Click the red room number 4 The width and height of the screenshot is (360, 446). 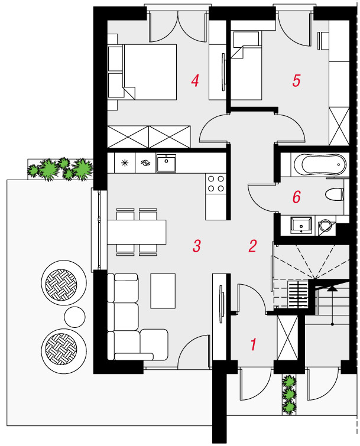pyautogui.click(x=195, y=80)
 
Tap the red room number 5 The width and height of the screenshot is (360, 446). pyautogui.click(x=296, y=80)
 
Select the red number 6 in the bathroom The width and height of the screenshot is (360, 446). pyautogui.click(x=297, y=197)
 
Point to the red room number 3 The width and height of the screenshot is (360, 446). pyautogui.click(x=197, y=246)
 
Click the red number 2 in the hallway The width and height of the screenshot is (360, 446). pyautogui.click(x=253, y=246)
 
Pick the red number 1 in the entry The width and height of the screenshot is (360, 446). pyautogui.click(x=253, y=344)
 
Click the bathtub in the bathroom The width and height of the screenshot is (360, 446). pyautogui.click(x=320, y=164)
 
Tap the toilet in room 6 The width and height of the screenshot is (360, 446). pyautogui.click(x=335, y=195)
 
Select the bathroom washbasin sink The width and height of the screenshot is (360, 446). pyautogui.click(x=301, y=225)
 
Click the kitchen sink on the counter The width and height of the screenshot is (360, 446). pyautogui.click(x=166, y=163)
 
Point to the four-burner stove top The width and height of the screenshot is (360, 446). pyautogui.click(x=216, y=184)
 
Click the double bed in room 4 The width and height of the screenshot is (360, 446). pyautogui.click(x=142, y=71)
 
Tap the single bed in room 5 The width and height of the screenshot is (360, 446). pyautogui.click(x=246, y=66)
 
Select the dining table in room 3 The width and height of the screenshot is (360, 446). pyautogui.click(x=137, y=232)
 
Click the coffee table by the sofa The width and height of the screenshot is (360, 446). pyautogui.click(x=163, y=291)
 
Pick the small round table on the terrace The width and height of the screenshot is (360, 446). pyautogui.click(x=75, y=317)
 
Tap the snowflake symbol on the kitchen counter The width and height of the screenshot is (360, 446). pyautogui.click(x=125, y=162)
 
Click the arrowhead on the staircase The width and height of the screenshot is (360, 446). pyautogui.click(x=332, y=289)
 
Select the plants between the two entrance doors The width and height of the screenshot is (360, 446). pyautogui.click(x=289, y=394)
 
